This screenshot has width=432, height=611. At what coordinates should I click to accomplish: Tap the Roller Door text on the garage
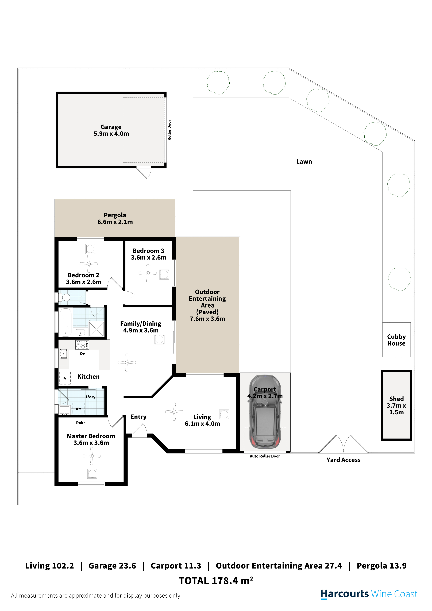169,130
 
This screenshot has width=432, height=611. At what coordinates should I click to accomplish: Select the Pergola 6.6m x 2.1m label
115,218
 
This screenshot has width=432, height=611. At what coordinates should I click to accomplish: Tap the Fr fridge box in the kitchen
65,378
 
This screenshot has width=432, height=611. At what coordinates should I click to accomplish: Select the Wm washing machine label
79,409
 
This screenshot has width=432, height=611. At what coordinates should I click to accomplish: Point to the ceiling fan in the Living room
174,412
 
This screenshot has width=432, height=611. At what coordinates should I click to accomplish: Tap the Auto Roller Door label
265,456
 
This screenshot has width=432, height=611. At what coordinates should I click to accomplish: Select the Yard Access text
344,460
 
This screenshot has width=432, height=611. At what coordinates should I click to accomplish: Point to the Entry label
138,417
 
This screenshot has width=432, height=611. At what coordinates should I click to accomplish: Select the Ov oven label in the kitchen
83,354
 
